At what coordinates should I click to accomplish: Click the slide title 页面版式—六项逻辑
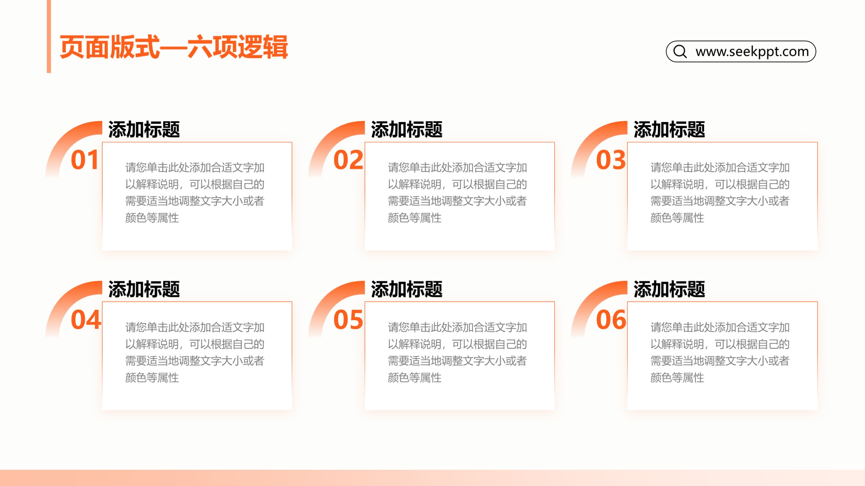pyautogui.click(x=174, y=47)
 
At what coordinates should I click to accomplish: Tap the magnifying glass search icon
pyautogui.click(x=680, y=52)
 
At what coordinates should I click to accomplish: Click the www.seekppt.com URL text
pyautogui.click(x=752, y=52)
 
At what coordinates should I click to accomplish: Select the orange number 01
pyautogui.click(x=84, y=160)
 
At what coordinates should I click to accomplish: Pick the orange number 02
pyautogui.click(x=348, y=160)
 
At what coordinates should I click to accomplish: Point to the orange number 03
pyautogui.click(x=611, y=160)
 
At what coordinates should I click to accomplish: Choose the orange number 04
pyautogui.click(x=86, y=320)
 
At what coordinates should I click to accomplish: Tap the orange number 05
pyautogui.click(x=348, y=320)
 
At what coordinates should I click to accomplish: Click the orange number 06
pyautogui.click(x=611, y=320)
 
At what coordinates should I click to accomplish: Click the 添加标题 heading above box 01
pyautogui.click(x=144, y=130)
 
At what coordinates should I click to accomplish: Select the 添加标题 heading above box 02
pyautogui.click(x=407, y=130)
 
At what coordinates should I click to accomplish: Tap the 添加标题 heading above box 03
pyautogui.click(x=669, y=130)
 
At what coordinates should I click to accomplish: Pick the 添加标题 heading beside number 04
pyautogui.click(x=144, y=289)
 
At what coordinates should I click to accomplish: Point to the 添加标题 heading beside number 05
pyautogui.click(x=407, y=289)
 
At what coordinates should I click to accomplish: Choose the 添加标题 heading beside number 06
pyautogui.click(x=669, y=289)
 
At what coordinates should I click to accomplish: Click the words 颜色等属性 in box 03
pyautogui.click(x=677, y=218)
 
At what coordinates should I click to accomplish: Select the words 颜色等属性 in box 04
pyautogui.click(x=152, y=377)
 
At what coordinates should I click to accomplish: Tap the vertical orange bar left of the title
pyautogui.click(x=49, y=36)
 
